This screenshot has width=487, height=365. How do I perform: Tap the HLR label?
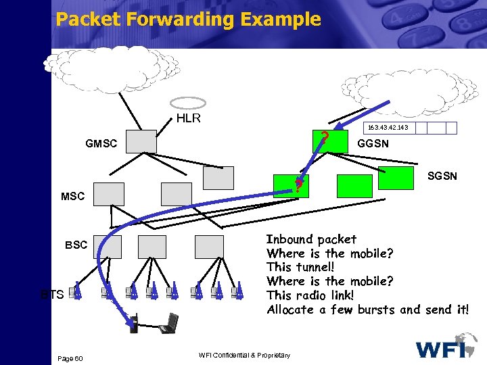coord(188,118)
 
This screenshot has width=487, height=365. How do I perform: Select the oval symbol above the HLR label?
coord(187,103)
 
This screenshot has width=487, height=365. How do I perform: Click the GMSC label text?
coord(101,143)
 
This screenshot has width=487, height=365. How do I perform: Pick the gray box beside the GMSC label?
coord(141,141)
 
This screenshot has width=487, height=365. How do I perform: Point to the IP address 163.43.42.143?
coord(388,128)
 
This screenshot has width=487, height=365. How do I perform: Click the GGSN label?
coord(373,143)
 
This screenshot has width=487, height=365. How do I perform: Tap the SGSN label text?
coord(442,176)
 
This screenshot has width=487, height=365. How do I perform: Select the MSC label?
coord(73,197)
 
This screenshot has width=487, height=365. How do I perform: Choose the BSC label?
coord(76,245)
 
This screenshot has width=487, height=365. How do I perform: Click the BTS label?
coord(51,294)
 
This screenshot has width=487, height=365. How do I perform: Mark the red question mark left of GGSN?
coord(325,140)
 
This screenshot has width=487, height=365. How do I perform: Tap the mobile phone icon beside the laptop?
coord(134,324)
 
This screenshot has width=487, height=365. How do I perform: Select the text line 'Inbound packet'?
coord(311,239)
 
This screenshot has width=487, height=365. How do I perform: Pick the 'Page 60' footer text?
coord(70,358)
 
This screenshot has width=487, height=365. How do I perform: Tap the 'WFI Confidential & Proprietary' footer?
coord(244,356)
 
